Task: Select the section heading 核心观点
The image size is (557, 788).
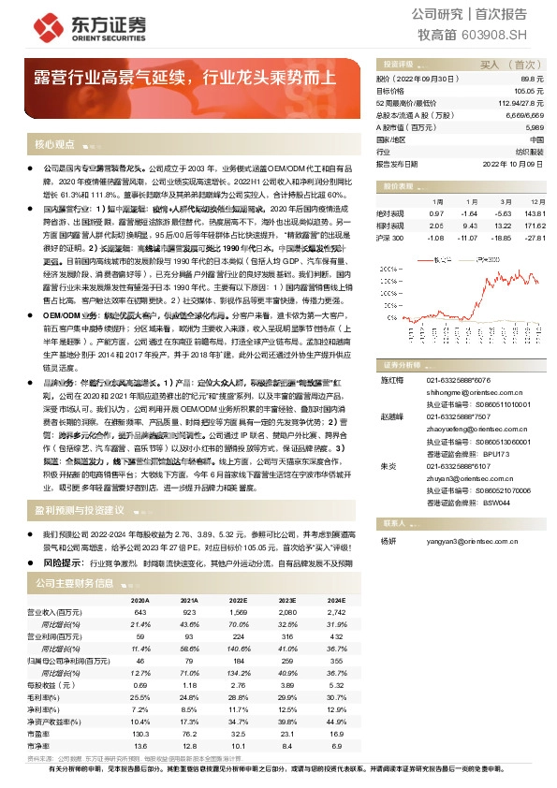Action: [x=54, y=144]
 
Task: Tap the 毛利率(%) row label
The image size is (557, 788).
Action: [x=62, y=697]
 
